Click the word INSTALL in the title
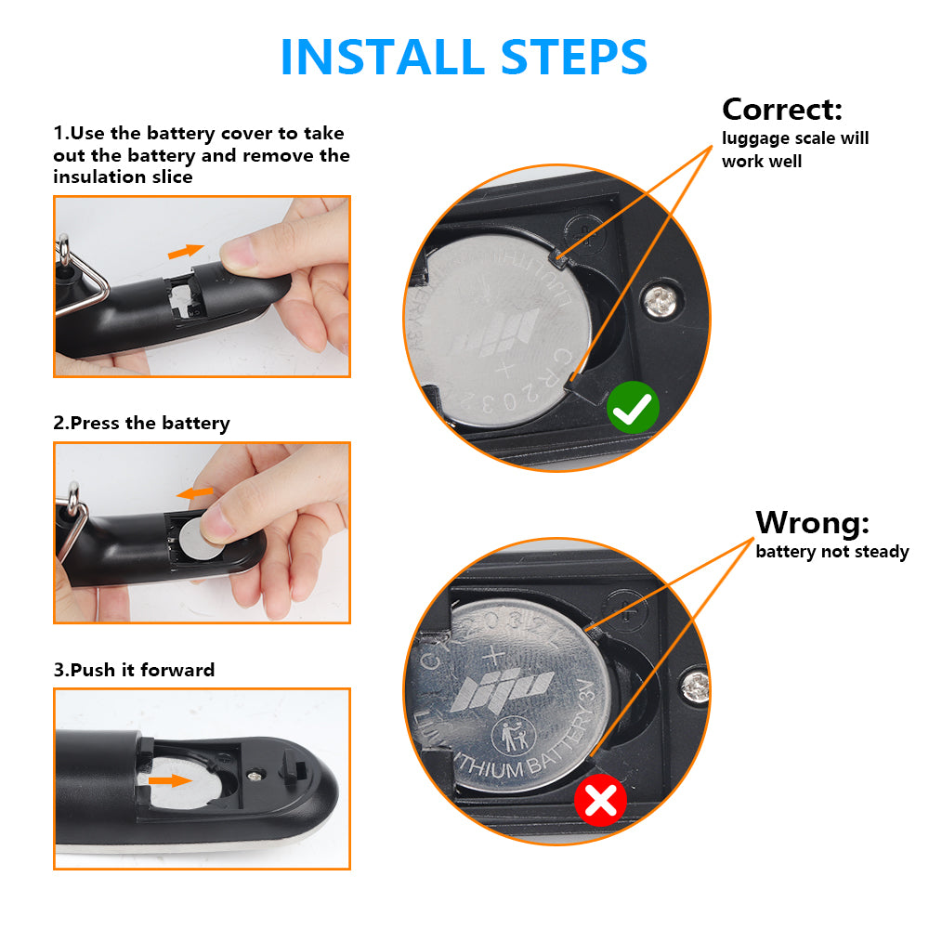(383, 57)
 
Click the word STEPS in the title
(573, 57)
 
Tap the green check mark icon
(632, 408)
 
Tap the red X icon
(600, 800)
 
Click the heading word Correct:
(782, 109)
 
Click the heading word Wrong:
(812, 522)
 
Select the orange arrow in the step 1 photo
(186, 251)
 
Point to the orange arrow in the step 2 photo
(195, 493)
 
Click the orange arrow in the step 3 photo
(170, 780)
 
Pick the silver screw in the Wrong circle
(695, 687)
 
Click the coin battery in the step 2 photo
(201, 539)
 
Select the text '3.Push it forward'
(134, 670)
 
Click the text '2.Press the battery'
(141, 423)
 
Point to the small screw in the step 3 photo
(255, 776)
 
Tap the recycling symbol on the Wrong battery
(513, 737)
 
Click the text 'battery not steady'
(831, 552)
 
